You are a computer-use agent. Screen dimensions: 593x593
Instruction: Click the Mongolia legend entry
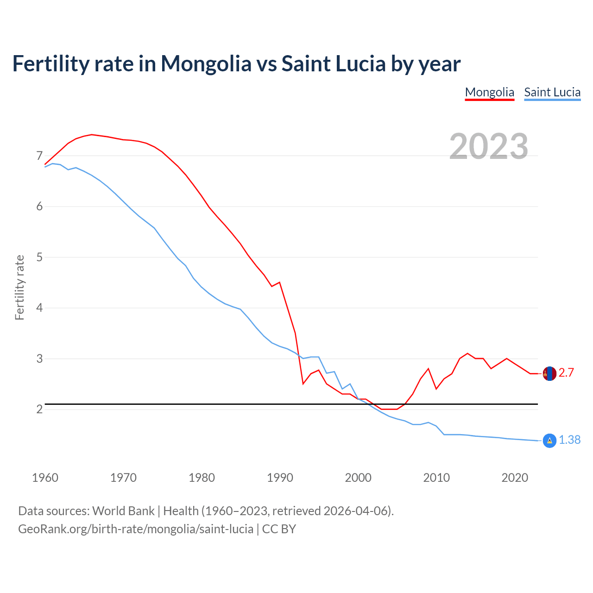point(489,92)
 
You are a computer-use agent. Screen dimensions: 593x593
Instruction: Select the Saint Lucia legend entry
point(552,92)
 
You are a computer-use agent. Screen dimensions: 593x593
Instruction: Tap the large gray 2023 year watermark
point(489,146)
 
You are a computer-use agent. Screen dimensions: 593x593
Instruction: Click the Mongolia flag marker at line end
point(549,373)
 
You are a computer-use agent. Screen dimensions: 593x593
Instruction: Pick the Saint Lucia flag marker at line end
point(549,441)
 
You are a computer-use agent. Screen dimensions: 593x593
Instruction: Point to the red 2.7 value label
point(566,373)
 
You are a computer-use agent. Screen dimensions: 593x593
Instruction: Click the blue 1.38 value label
point(569,440)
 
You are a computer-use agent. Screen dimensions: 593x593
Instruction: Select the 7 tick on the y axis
point(39,156)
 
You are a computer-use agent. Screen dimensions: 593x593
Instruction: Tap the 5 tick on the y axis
point(39,257)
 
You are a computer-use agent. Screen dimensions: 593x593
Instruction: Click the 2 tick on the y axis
point(39,410)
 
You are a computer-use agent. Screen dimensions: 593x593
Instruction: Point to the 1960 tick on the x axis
point(45,478)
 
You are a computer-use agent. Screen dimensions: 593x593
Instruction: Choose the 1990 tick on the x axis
point(280,478)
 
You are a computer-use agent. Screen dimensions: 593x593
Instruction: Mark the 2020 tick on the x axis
point(515,478)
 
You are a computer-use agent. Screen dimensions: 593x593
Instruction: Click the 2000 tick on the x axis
point(358,478)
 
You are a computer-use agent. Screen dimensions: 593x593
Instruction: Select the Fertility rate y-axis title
point(19,287)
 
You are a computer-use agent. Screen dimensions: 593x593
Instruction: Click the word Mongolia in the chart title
point(206,64)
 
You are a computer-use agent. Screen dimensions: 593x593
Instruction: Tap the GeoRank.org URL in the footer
point(136,529)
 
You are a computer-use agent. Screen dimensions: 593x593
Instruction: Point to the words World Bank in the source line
point(123,511)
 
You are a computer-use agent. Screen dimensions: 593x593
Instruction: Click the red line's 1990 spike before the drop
point(279,282)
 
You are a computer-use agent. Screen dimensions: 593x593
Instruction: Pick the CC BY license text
point(279,529)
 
